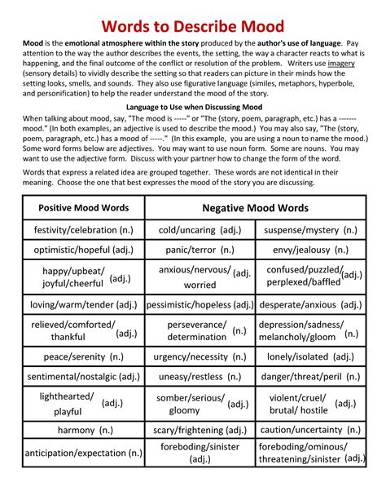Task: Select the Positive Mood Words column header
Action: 83,208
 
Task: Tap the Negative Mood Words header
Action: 255,208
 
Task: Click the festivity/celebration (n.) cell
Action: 83,231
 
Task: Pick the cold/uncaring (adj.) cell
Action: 199,231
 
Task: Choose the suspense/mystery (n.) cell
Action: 310,231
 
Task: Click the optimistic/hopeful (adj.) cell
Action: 83,250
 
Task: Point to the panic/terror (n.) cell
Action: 199,250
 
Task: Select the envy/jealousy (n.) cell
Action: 310,250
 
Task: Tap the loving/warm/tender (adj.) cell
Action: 83,305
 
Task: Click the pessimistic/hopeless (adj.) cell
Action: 199,305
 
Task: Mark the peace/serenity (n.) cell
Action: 83,357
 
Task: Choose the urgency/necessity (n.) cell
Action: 199,357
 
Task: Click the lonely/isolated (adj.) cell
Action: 310,357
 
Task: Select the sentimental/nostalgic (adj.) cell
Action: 83,377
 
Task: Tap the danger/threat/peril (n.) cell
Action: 310,377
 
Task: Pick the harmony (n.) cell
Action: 83,430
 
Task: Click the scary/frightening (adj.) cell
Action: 199,430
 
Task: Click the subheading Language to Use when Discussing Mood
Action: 193,107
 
